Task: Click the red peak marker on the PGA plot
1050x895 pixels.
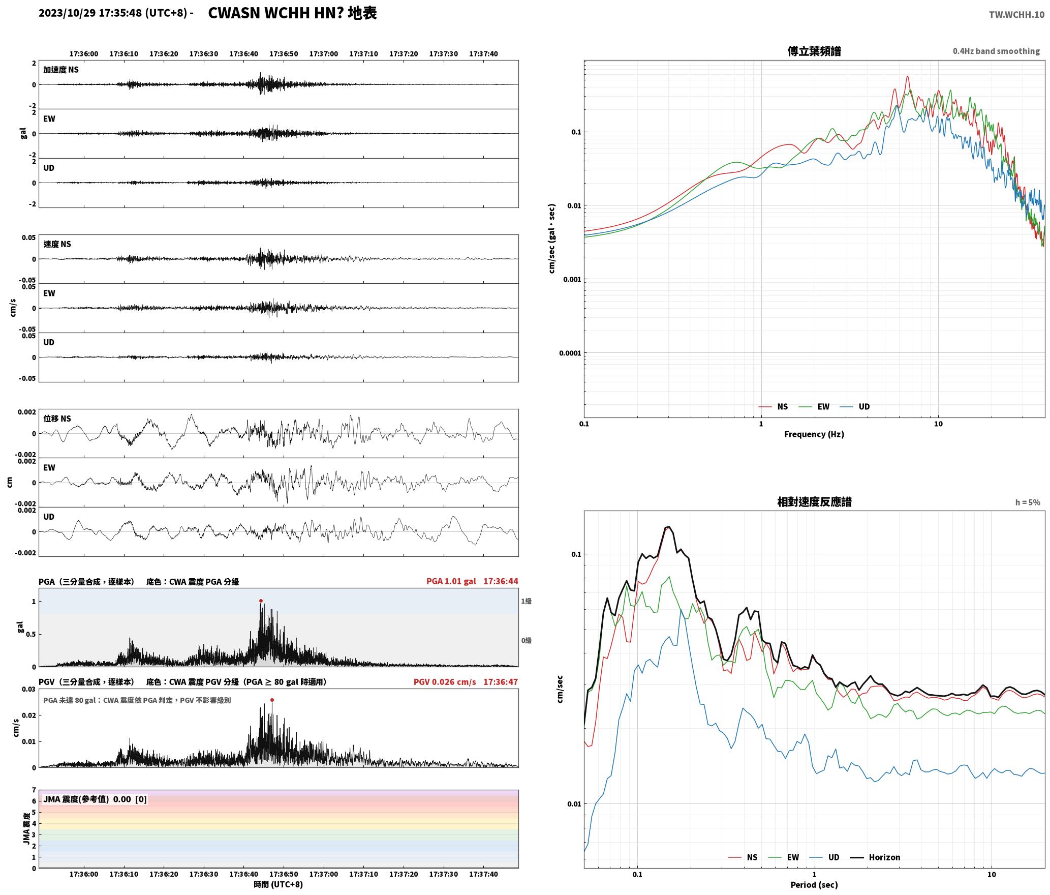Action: (x=261, y=601)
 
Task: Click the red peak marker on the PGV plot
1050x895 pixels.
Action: (x=272, y=700)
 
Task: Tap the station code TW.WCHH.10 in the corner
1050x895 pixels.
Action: (x=1016, y=15)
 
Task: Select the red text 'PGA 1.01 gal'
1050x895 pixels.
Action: (x=451, y=581)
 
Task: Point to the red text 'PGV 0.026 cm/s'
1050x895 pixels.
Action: (x=445, y=682)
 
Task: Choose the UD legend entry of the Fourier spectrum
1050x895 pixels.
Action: (x=855, y=407)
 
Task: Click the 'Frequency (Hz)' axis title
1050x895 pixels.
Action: (x=814, y=434)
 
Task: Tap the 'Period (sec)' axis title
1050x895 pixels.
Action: (x=814, y=885)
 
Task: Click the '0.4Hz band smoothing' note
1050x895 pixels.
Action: (x=996, y=51)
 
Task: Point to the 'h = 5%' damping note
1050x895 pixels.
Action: (x=1028, y=502)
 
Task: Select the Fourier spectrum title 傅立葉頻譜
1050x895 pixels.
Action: (x=814, y=51)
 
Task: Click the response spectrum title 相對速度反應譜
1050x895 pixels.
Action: (x=814, y=502)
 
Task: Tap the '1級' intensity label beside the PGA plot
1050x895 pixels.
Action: (x=526, y=602)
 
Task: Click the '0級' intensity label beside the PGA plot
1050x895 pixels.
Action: (x=526, y=641)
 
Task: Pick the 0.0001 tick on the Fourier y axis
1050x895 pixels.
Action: (x=570, y=353)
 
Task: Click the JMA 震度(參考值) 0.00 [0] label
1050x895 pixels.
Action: (x=95, y=799)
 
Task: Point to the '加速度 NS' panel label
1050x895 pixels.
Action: (x=61, y=70)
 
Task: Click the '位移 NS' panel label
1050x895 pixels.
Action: (x=57, y=419)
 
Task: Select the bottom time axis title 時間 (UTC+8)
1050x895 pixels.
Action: (x=279, y=885)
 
